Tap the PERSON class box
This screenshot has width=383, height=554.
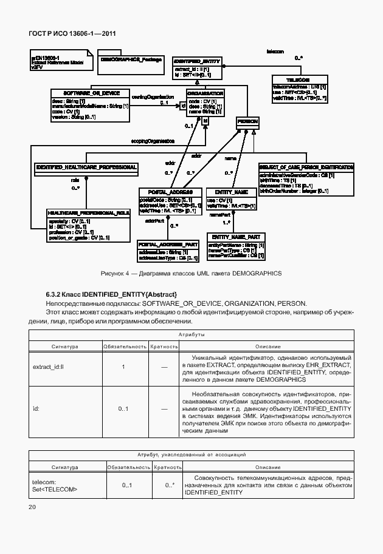(247, 122)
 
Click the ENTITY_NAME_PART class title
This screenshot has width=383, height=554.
(236, 237)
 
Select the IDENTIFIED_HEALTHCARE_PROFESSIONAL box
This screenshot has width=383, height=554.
(86, 167)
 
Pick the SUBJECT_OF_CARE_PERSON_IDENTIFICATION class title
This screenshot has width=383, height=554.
(306, 167)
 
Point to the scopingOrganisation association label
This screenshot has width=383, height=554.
(153, 140)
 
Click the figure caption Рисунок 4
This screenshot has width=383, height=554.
(191, 273)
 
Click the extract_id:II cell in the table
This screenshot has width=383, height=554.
(52, 367)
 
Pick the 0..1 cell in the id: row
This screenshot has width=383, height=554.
(123, 409)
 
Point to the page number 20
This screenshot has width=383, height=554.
(32, 506)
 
